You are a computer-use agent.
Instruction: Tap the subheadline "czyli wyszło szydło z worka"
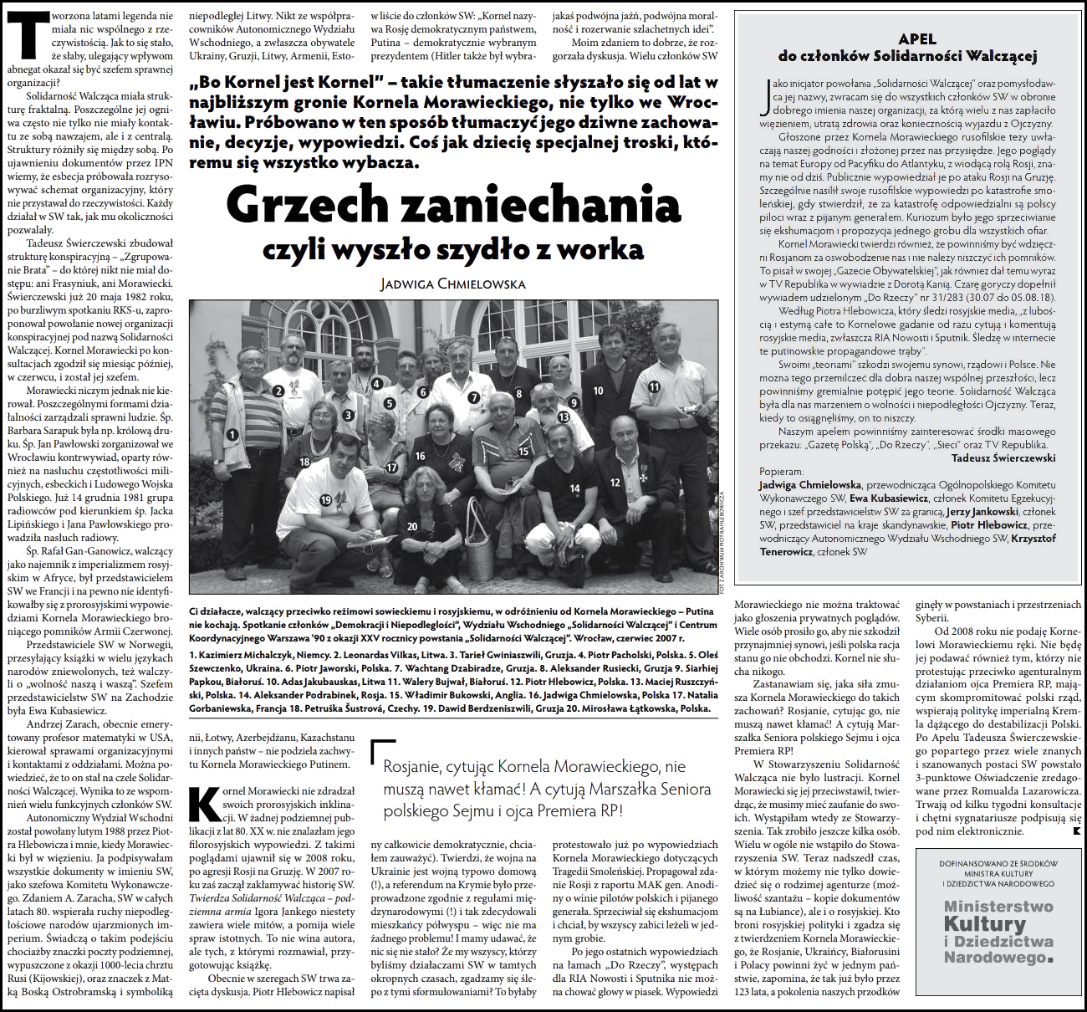coord(453,248)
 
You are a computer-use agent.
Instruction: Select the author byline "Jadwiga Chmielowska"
coord(453,284)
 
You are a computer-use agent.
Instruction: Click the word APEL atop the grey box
coord(916,38)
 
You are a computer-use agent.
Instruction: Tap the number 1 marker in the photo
coord(232,434)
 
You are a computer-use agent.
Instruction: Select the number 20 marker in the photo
coord(412,526)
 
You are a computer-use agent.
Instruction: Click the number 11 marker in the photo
coord(654,386)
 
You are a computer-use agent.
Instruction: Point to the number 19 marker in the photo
coord(326,500)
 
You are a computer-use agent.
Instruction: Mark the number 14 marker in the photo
coord(574,488)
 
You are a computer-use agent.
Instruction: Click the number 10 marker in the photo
coord(598,391)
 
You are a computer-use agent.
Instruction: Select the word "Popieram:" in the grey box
coord(781,472)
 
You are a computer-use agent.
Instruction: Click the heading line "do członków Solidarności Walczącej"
coord(906,57)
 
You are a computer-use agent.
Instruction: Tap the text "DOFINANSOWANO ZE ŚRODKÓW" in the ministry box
coord(998,862)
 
